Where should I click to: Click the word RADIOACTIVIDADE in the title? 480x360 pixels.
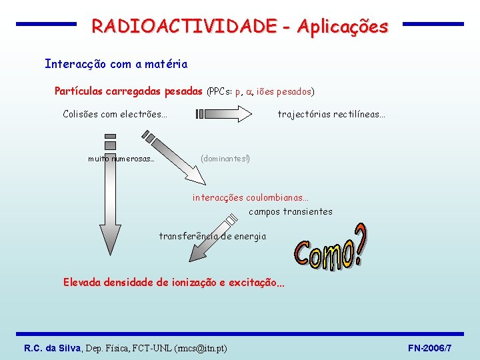tap(183, 27)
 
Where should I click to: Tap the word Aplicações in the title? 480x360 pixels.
tap(343, 27)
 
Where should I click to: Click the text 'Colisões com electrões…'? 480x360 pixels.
tap(115, 114)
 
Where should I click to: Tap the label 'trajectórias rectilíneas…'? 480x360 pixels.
tap(331, 115)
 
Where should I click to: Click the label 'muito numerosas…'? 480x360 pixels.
tap(121, 159)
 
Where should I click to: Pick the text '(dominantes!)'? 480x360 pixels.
tap(225, 159)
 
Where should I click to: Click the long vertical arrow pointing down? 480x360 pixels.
tap(110, 200)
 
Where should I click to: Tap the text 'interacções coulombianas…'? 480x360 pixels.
tap(251, 197)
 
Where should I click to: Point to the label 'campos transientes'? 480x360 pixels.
tap(291, 212)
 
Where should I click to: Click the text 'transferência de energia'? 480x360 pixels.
tap(212, 236)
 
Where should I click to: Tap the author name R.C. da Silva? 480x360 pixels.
tap(52, 348)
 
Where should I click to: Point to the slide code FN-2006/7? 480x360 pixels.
tap(430, 348)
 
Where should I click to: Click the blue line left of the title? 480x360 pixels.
tap(46, 24)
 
